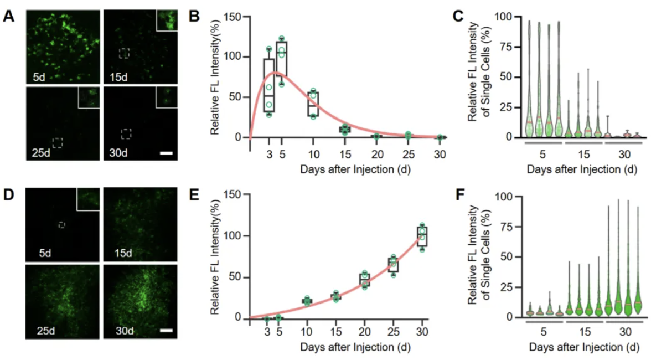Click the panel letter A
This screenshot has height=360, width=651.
(x=8, y=16)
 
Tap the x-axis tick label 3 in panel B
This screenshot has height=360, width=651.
(x=268, y=153)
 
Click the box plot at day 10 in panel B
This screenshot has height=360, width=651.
(x=313, y=104)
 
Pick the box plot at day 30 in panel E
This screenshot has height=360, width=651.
(x=422, y=236)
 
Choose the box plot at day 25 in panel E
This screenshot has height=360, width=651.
(x=393, y=265)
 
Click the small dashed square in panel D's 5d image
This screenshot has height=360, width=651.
(x=62, y=224)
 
